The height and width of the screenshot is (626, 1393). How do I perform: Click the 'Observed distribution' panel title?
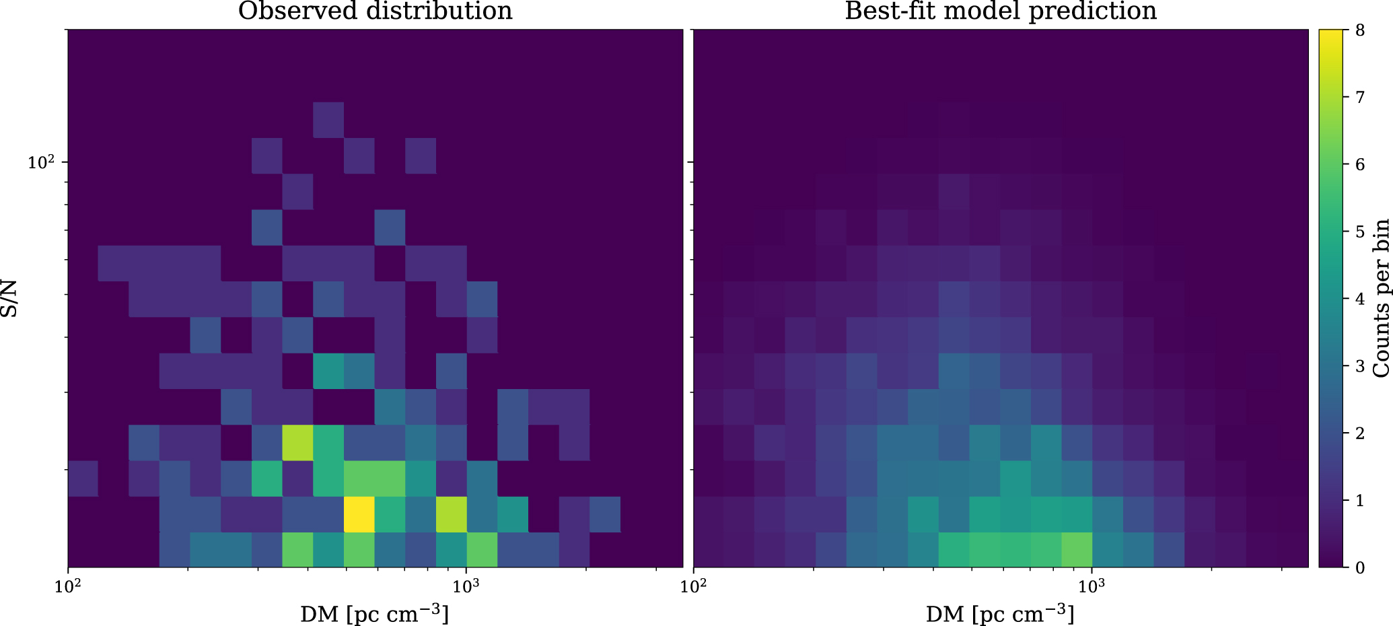375,11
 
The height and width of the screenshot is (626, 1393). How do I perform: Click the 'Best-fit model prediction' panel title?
1000,11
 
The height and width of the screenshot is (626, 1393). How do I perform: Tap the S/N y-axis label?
9,298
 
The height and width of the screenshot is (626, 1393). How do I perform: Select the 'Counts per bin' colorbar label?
1380,298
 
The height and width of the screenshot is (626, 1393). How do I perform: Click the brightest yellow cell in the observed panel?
359,514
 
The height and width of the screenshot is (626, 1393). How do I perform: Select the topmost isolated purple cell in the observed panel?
328,120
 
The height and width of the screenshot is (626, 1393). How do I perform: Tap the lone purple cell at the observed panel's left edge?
82,479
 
